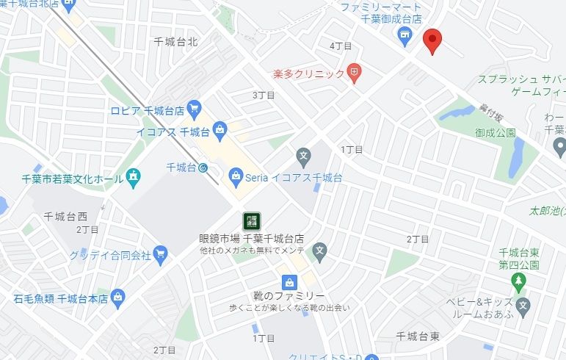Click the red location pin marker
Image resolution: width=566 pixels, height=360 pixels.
tap(433, 41)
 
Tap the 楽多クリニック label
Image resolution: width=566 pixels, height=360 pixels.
tap(308, 73)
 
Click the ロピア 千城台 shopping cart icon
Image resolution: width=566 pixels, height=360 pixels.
tap(194, 111)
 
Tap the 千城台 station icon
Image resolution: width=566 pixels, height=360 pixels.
tap(203, 168)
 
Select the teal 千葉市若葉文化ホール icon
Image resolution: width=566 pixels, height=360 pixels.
tap(133, 177)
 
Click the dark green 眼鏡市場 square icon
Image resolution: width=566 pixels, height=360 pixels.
tap(251, 220)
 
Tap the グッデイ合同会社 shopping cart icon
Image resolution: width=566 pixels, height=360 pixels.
tap(161, 254)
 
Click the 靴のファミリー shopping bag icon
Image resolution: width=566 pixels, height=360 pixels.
tap(290, 282)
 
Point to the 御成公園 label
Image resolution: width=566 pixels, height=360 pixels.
tap(495, 133)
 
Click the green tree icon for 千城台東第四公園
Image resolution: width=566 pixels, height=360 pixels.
tap(519, 281)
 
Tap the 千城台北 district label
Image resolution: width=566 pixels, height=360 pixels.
tap(177, 42)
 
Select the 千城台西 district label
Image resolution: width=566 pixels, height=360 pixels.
tap(65, 216)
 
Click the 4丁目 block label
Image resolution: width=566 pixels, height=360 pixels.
tap(341, 46)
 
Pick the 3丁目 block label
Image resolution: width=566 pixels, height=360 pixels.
tap(263, 95)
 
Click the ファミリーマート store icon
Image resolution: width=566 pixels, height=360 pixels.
tap(403, 35)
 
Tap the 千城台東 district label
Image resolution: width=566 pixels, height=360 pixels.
tap(418, 336)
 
